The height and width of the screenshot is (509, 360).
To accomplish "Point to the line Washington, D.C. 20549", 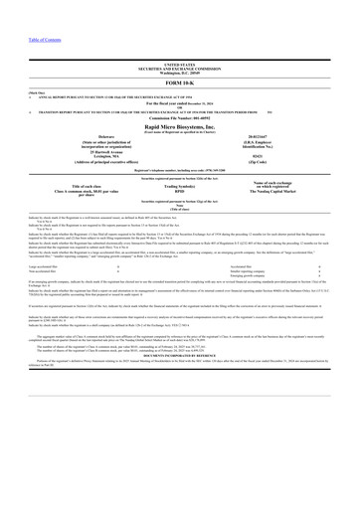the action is click(180, 69).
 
